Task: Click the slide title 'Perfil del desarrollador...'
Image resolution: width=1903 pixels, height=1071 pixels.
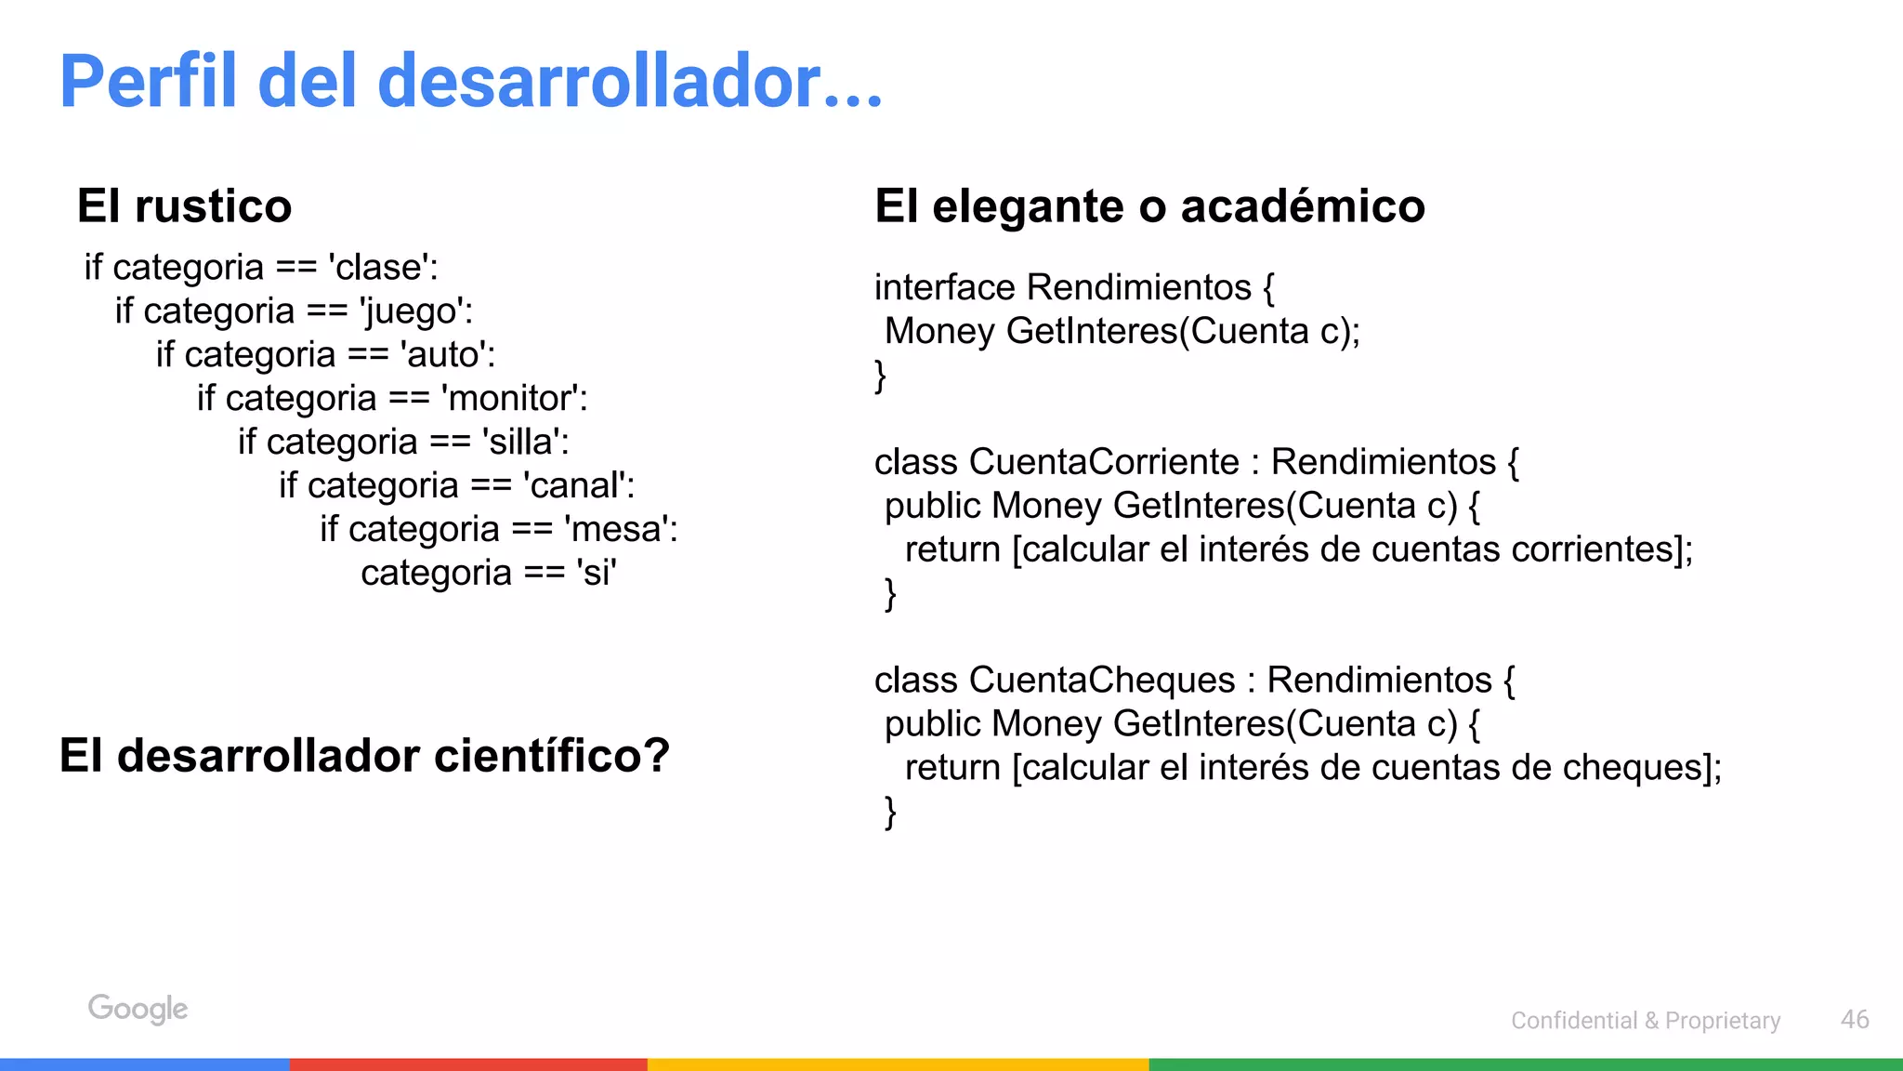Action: [x=470, y=82]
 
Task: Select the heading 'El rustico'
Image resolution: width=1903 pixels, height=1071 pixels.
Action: [x=184, y=205]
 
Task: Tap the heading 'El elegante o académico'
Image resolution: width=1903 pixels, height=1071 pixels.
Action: [x=1149, y=205]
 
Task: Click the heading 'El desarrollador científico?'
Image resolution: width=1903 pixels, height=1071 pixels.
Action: [x=364, y=755]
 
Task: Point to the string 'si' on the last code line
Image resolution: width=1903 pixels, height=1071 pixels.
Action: [x=596, y=573]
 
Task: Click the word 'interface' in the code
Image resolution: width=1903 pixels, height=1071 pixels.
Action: [x=944, y=287]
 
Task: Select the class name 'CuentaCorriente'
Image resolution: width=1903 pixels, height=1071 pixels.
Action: [x=1104, y=461]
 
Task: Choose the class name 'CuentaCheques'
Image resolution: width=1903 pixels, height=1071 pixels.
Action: [x=1102, y=680]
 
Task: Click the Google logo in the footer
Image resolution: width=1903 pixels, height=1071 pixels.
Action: [x=138, y=1009]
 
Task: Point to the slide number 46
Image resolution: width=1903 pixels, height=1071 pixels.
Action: [x=1854, y=1019]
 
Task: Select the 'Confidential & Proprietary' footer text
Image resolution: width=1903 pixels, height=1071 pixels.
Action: [x=1645, y=1020]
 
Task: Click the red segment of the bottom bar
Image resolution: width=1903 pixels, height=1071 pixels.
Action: [x=468, y=1064]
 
